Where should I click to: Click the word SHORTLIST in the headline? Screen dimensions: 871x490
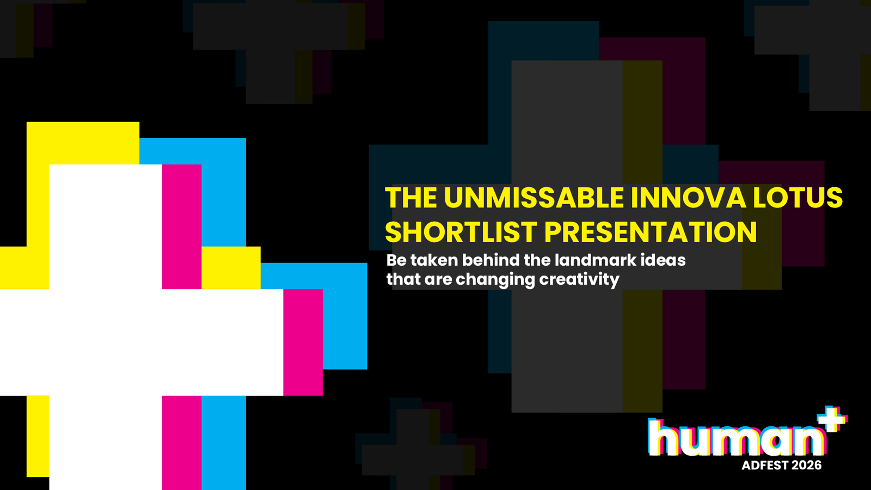click(461, 232)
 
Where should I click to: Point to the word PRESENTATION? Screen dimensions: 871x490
click(651, 232)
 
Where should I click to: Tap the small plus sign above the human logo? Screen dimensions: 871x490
click(832, 419)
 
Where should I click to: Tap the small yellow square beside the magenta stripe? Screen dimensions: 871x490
click(231, 267)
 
